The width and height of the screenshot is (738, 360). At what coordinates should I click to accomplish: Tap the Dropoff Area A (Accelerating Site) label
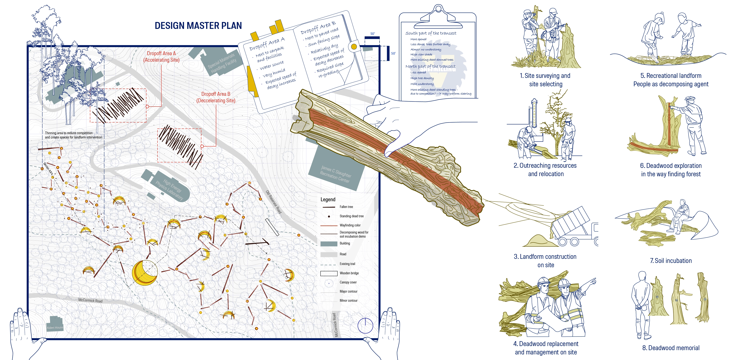click(161, 57)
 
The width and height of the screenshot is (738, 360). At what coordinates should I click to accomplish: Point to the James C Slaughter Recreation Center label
click(335, 174)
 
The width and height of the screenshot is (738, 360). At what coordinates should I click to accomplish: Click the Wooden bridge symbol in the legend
click(329, 273)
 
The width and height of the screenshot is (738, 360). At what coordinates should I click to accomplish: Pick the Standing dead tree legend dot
click(329, 216)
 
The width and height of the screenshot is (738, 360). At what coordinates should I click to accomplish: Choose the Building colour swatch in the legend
click(329, 243)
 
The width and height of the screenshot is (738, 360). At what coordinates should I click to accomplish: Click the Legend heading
click(328, 200)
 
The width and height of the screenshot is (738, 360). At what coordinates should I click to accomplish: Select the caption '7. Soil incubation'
click(671, 261)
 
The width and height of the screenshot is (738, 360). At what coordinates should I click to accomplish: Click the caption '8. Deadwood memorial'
click(671, 348)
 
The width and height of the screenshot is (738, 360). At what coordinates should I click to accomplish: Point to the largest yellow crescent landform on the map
click(145, 272)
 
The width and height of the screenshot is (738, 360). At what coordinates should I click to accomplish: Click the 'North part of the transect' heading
click(430, 67)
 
